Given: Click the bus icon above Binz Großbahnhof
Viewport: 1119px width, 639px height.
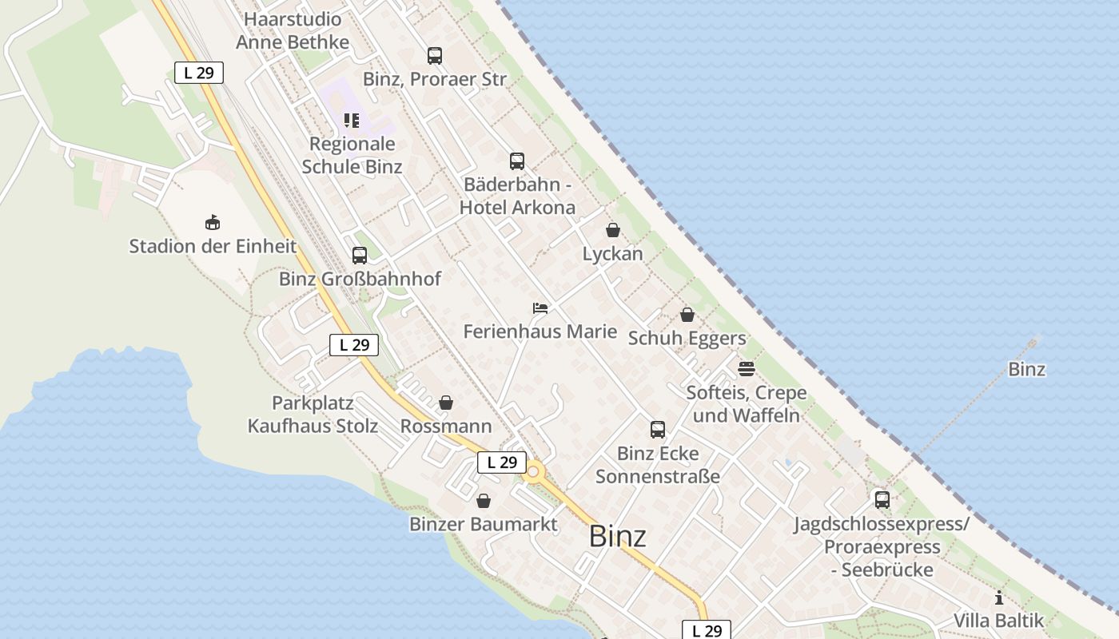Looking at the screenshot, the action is point(360,256).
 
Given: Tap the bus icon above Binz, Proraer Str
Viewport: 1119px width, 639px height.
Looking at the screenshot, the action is point(434,56).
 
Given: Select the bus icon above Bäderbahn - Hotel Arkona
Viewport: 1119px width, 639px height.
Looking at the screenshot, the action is point(517,161).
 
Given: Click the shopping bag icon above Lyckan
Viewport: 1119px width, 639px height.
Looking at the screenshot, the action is point(613,230).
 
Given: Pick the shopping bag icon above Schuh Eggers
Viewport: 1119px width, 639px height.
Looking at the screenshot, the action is point(687,315).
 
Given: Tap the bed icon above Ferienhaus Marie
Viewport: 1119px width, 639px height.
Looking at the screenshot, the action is point(540,308).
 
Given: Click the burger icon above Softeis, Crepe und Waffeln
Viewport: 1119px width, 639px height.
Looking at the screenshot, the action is point(747,369).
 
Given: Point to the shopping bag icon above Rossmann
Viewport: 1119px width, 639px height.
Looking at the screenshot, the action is point(446,403).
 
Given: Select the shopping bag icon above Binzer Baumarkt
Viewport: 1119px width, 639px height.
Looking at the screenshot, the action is point(484,501).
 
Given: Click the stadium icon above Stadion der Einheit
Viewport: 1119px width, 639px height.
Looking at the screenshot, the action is point(213,223).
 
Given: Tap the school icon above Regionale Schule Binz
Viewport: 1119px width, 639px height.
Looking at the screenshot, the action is point(352,121).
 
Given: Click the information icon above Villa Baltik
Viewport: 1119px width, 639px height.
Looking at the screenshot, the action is point(998,597).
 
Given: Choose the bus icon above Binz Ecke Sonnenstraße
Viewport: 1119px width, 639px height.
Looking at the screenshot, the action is point(658,430).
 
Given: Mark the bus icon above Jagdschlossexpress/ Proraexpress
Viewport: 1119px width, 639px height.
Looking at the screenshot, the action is point(882,500).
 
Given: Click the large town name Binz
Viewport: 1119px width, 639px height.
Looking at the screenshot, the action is point(617,537).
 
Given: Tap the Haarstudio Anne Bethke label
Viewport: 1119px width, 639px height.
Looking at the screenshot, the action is point(293,30).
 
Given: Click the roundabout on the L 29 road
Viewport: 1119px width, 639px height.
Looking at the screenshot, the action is point(533,471).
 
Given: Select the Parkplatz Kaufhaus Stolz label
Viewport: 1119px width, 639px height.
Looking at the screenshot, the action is point(313,415).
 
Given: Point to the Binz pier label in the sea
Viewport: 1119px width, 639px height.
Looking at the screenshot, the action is point(1026,370).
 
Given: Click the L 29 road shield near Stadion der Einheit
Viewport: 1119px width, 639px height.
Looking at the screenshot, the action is point(199,73).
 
